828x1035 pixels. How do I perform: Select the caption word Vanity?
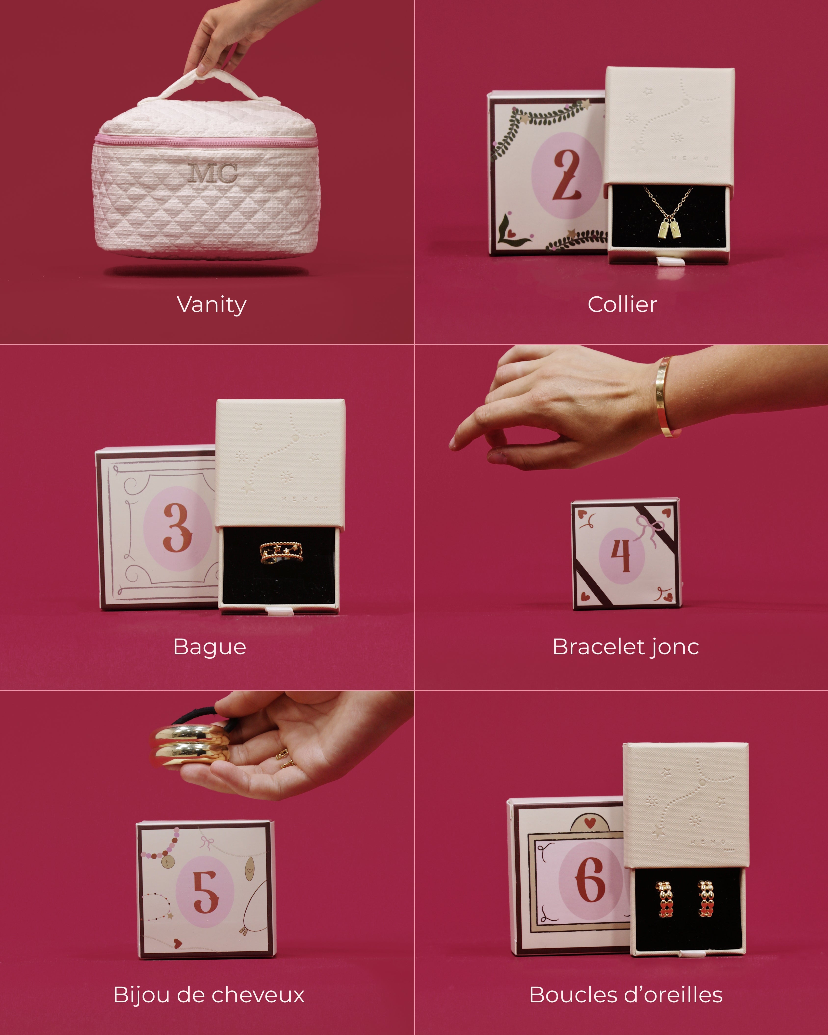coord(212,305)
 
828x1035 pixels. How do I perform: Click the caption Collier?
coord(622,305)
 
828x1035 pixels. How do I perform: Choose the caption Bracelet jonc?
coord(625,647)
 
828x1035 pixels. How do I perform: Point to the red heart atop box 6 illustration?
coord(590,823)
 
